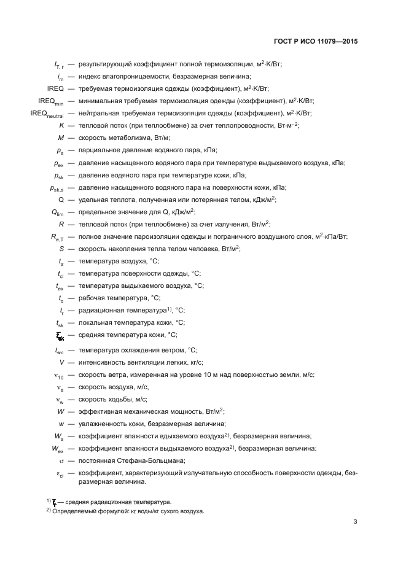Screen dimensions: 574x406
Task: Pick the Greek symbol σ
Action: click(x=61, y=460)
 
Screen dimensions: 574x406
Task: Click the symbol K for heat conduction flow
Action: click(x=61, y=125)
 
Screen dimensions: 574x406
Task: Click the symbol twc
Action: click(x=60, y=350)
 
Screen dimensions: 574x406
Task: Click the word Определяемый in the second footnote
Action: click(x=74, y=511)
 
